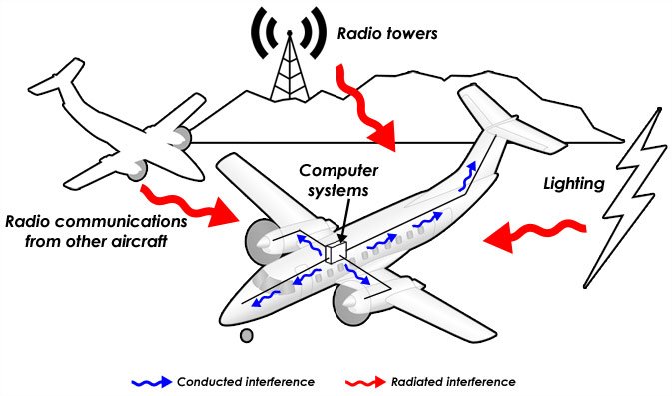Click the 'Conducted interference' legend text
[244, 382]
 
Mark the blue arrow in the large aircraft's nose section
[267, 298]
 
